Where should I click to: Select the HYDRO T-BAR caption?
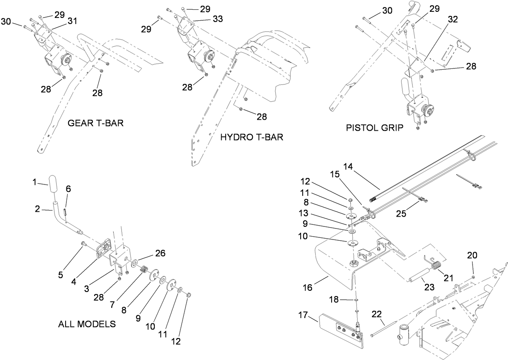[251, 137]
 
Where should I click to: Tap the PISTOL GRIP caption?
[374, 128]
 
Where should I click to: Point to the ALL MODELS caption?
[87, 324]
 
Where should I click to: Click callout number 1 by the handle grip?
[35, 182]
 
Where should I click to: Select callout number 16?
[307, 288]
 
